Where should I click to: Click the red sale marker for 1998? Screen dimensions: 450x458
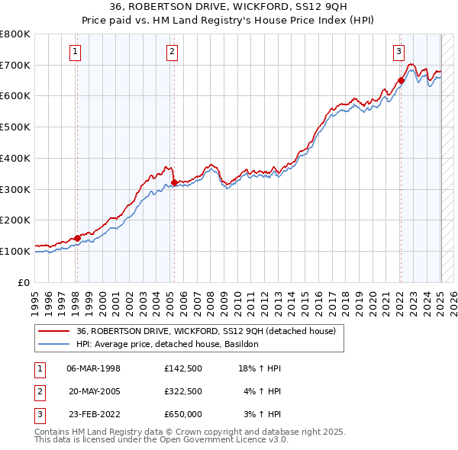tap(77, 238)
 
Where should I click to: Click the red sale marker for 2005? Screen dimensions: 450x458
tap(174, 182)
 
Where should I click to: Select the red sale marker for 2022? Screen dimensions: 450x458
tap(401, 80)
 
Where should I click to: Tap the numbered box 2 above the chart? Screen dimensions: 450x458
tap(173, 52)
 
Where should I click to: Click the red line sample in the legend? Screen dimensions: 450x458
tap(54, 331)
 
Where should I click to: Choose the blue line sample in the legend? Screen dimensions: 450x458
tap(54, 344)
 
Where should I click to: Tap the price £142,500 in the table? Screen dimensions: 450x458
tap(182, 368)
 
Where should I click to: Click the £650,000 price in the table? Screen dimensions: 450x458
tap(182, 414)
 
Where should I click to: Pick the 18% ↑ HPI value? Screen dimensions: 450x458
tap(260, 368)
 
